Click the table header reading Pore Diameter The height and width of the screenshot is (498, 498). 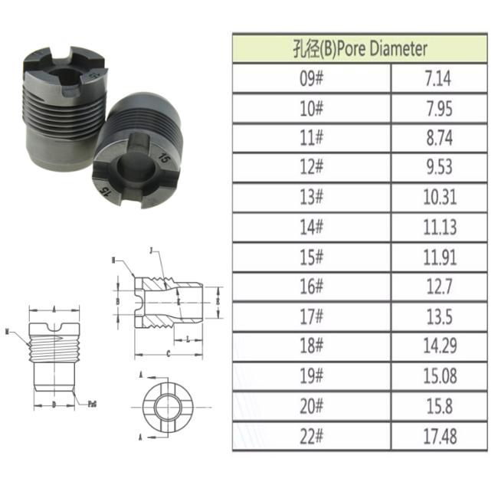pos(359,49)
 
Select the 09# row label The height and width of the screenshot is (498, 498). pos(312,79)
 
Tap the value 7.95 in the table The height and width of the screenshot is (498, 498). pos(439,108)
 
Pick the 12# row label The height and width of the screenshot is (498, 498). pos(312,168)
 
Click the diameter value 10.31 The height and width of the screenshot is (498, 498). pos(439,197)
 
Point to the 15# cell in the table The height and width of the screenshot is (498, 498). pos(312,257)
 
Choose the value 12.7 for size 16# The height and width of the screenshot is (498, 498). pos(439,286)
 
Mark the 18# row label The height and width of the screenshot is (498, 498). pos(312,346)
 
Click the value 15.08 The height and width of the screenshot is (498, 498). pos(439,375)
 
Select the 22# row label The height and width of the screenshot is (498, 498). pos(312,435)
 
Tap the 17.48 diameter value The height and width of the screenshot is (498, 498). pos(439,435)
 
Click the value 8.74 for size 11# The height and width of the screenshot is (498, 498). pos(439,138)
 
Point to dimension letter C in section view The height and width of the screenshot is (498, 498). pos(168,354)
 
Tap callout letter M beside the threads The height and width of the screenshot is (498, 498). pos(7,332)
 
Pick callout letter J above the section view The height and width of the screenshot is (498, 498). pos(151,251)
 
